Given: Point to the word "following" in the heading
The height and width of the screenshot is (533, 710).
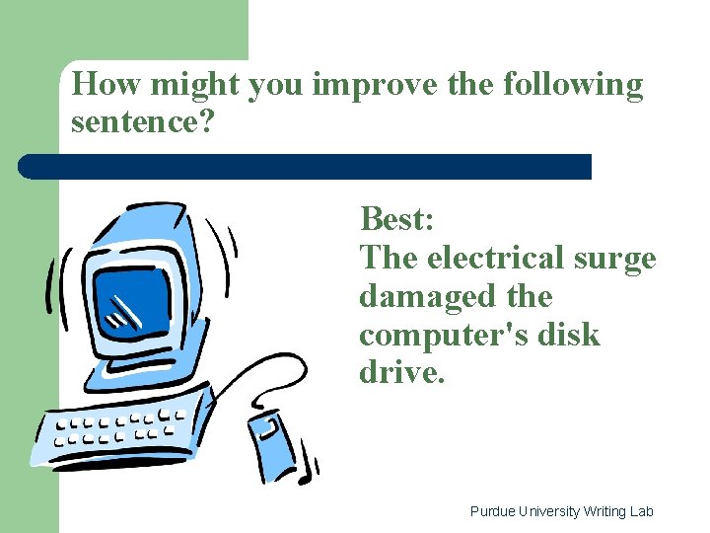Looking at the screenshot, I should click(x=573, y=86).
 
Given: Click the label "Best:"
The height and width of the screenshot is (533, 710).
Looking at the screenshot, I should click(x=396, y=217).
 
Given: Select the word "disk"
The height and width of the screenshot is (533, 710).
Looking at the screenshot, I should click(x=565, y=335).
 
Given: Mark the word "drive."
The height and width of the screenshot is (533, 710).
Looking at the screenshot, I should click(x=402, y=373).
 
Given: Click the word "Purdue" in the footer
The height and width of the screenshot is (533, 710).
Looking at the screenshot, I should click(x=491, y=511).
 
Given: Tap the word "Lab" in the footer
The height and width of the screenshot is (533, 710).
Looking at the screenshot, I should click(x=642, y=511).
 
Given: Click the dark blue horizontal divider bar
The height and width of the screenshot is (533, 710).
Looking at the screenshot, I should click(x=306, y=166).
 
